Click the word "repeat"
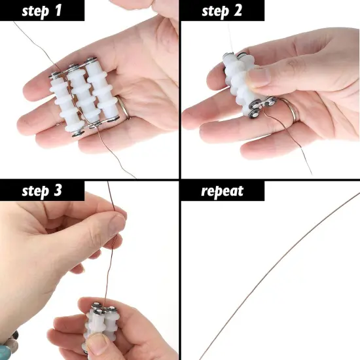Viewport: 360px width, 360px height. point(222,191)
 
